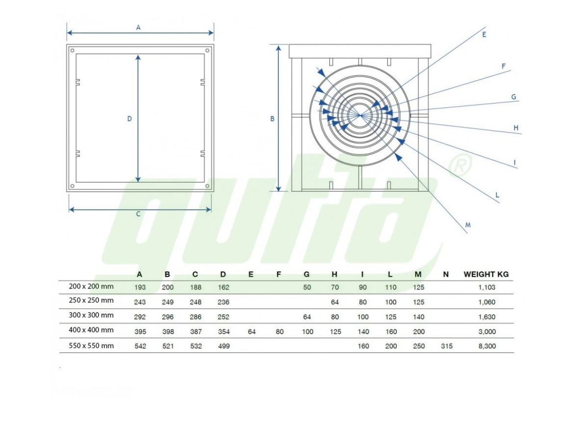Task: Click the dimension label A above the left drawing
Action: click(x=138, y=27)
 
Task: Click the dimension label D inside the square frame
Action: click(x=129, y=119)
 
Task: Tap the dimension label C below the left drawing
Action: click(x=138, y=214)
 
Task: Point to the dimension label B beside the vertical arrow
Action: click(x=272, y=119)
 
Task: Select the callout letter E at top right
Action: click(x=484, y=34)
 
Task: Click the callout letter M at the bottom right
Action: click(x=468, y=225)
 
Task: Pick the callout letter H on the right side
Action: click(x=516, y=128)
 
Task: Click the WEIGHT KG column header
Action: click(x=486, y=274)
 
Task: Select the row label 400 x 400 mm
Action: click(x=91, y=330)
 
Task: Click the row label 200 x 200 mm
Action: click(x=91, y=286)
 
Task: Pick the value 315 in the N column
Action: click(x=446, y=346)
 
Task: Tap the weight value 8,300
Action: click(x=487, y=346)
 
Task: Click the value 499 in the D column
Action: click(x=224, y=346)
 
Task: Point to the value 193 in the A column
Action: click(x=140, y=288)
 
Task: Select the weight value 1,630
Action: click(x=487, y=317)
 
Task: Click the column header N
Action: click(x=445, y=274)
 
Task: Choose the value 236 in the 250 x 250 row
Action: click(x=223, y=302)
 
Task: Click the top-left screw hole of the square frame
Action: click(x=73, y=51)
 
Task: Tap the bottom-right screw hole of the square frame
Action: click(x=208, y=186)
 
